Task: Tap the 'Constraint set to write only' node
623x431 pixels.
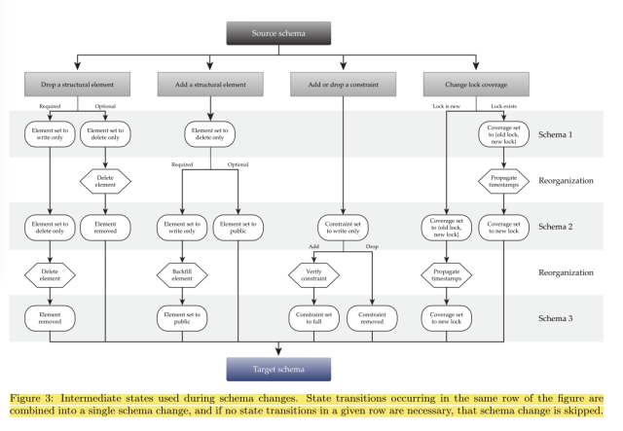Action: tap(343, 228)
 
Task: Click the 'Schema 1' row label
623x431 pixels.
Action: tap(566, 135)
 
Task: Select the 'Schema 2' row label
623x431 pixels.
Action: tap(566, 228)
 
